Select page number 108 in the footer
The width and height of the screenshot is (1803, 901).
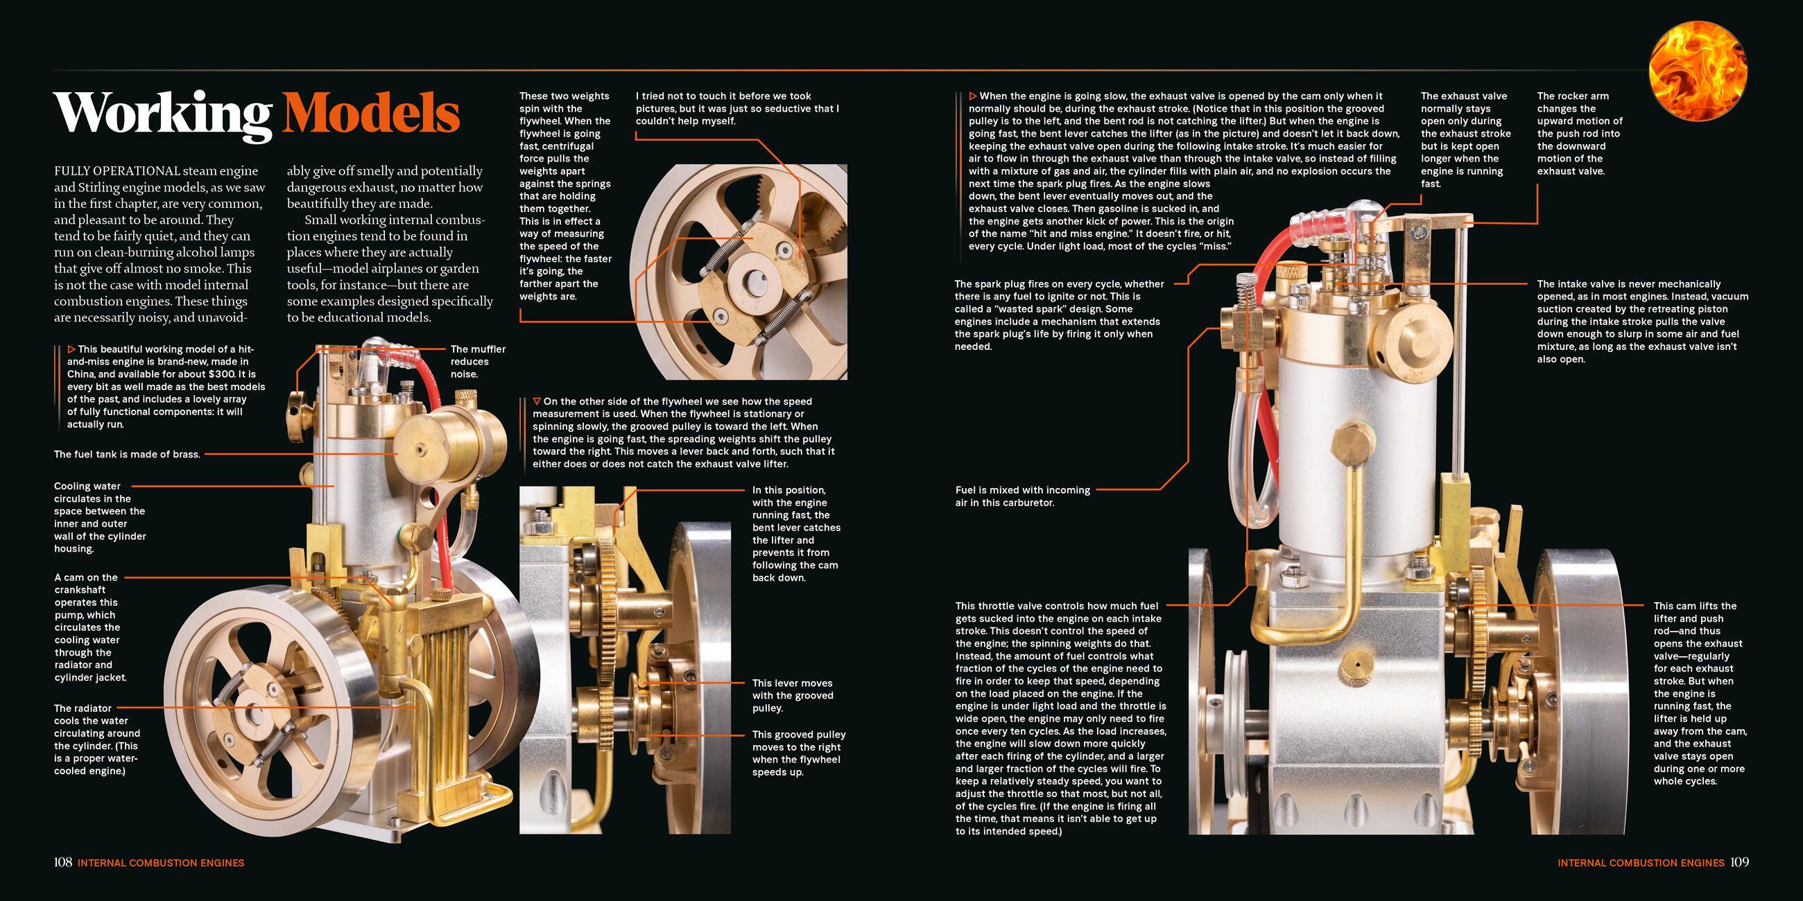63,862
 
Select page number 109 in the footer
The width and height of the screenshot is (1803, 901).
1739,862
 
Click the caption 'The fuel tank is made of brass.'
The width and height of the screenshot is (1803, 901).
127,454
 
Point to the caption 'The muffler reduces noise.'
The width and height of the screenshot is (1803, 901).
477,361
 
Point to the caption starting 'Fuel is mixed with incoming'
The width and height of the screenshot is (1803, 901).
1023,496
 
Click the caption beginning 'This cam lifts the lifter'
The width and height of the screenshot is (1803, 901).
1700,692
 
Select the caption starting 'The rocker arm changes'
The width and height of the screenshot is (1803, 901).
1579,133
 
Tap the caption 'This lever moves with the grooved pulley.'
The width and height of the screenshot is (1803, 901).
793,695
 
